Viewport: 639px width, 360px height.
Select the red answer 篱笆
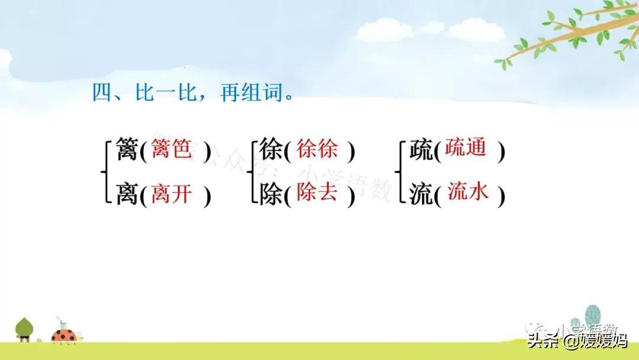(171, 150)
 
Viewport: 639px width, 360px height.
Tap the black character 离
(126, 194)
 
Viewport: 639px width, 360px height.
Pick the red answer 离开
(171, 194)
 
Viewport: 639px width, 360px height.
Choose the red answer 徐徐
(317, 150)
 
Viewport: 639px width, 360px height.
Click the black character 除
(270, 194)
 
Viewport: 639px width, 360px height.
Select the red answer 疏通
(466, 149)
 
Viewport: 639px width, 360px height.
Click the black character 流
(421, 194)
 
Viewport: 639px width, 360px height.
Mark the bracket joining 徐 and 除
(251, 172)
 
